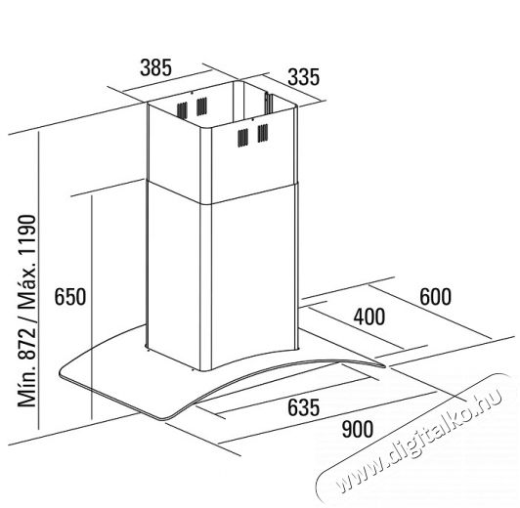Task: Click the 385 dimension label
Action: point(155,67)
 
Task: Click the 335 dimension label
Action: point(303,77)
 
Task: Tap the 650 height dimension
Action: point(70,296)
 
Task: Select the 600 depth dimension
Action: point(435,296)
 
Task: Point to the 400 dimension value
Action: point(369,317)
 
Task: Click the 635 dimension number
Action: point(303,407)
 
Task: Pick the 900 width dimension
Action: point(358,429)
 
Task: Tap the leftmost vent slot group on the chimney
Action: point(182,110)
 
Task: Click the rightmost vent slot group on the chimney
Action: point(263,133)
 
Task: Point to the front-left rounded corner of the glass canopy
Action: point(63,372)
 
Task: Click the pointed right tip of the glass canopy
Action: point(385,365)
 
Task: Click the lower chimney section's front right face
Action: point(253,278)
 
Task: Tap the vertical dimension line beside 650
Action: point(91,307)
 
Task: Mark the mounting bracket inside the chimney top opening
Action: point(268,104)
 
